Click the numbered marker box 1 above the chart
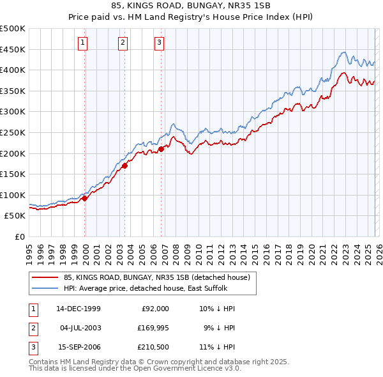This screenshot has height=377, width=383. [84, 43]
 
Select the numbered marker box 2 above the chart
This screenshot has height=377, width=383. [122, 43]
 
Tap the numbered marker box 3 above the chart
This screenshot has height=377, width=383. [159, 43]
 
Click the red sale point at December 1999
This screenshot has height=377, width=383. [85, 198]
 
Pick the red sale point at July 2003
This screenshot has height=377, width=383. [125, 165]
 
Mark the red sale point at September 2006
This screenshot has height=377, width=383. [161, 148]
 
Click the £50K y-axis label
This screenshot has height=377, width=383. [15, 216]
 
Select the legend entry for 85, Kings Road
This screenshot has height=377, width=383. [160, 277]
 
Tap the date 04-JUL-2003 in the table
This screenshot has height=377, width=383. [79, 328]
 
